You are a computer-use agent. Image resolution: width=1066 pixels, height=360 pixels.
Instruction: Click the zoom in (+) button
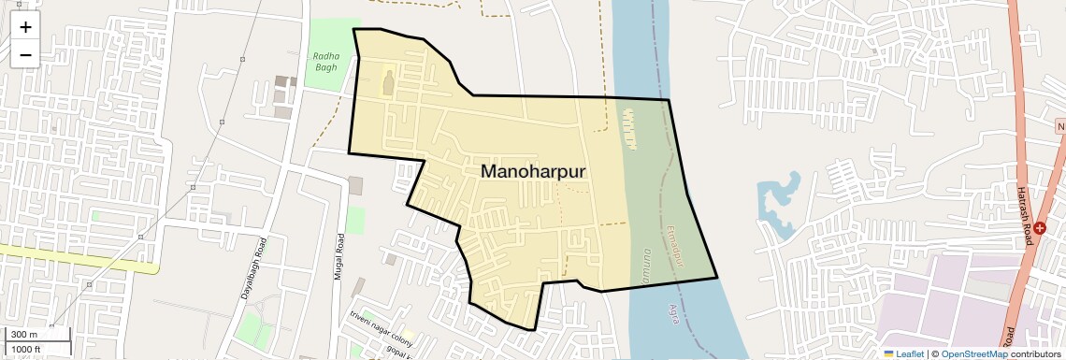[25, 27]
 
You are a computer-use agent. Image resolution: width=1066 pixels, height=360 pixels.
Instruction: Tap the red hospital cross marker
[1039, 228]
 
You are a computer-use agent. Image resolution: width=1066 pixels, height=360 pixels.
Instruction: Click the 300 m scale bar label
[24, 335]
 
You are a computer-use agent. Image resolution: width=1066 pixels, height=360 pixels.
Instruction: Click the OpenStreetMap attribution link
[974, 353]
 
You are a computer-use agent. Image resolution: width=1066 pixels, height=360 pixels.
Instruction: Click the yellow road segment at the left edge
[75, 258]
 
